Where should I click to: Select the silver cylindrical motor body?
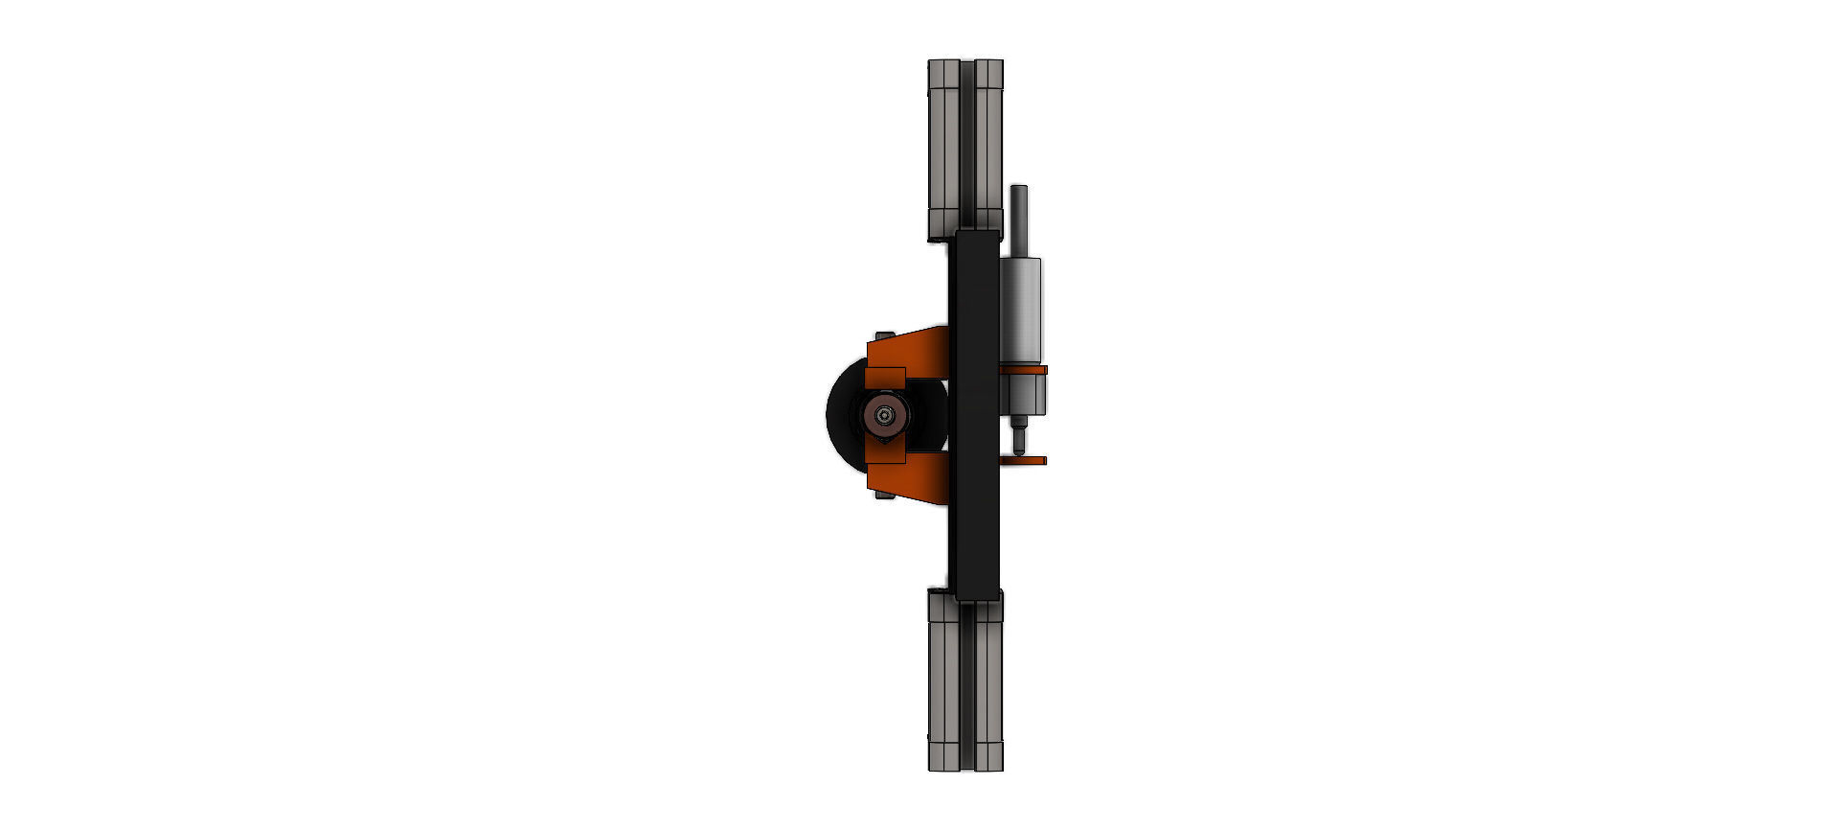(x=1020, y=307)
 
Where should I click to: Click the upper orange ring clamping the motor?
(x=1023, y=369)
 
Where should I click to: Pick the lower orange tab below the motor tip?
(x=1025, y=461)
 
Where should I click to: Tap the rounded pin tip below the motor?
(x=1019, y=444)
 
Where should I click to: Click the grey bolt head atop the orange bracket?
(x=884, y=335)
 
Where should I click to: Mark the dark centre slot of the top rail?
(x=967, y=144)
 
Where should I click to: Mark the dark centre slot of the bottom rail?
(x=967, y=685)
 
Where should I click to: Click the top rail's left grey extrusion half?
(x=943, y=144)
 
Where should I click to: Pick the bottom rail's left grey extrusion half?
(x=943, y=685)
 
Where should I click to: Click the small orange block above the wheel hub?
(x=885, y=379)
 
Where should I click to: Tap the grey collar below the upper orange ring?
(x=1022, y=393)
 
